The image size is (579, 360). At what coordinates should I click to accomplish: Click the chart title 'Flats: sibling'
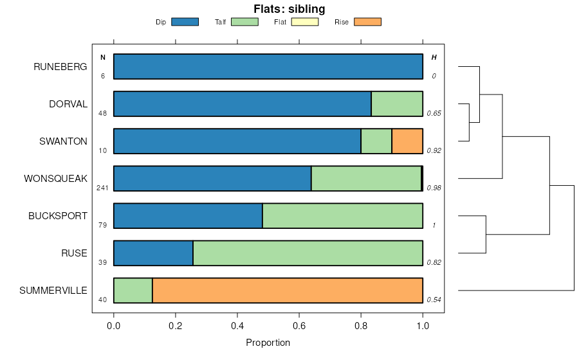click(x=290, y=9)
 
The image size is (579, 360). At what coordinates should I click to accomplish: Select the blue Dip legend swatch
click(x=185, y=22)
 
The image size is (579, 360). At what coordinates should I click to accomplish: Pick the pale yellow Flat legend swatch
click(x=305, y=22)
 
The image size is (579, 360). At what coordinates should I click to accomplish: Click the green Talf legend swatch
click(x=244, y=22)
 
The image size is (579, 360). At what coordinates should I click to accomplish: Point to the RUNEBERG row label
click(x=60, y=67)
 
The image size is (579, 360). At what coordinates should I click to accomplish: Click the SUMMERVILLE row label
click(x=53, y=291)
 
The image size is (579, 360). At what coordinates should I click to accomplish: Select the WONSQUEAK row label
click(x=55, y=179)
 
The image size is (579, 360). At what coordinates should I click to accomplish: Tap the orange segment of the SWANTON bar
click(x=407, y=141)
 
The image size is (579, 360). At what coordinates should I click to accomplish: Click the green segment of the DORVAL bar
click(x=397, y=104)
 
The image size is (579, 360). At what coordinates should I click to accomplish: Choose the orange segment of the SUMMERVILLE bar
click(x=288, y=291)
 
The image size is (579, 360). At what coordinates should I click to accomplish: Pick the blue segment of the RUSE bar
click(x=153, y=253)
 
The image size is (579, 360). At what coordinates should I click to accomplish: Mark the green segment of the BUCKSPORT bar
click(x=342, y=216)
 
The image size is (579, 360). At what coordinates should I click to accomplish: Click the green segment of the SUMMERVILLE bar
click(x=133, y=291)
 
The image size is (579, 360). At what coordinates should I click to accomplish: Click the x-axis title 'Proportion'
click(x=268, y=343)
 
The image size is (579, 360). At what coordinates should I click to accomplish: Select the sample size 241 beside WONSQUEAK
click(x=102, y=188)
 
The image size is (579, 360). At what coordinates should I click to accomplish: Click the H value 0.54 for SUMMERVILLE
click(x=434, y=300)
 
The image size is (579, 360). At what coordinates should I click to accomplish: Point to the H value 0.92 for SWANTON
click(x=434, y=151)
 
